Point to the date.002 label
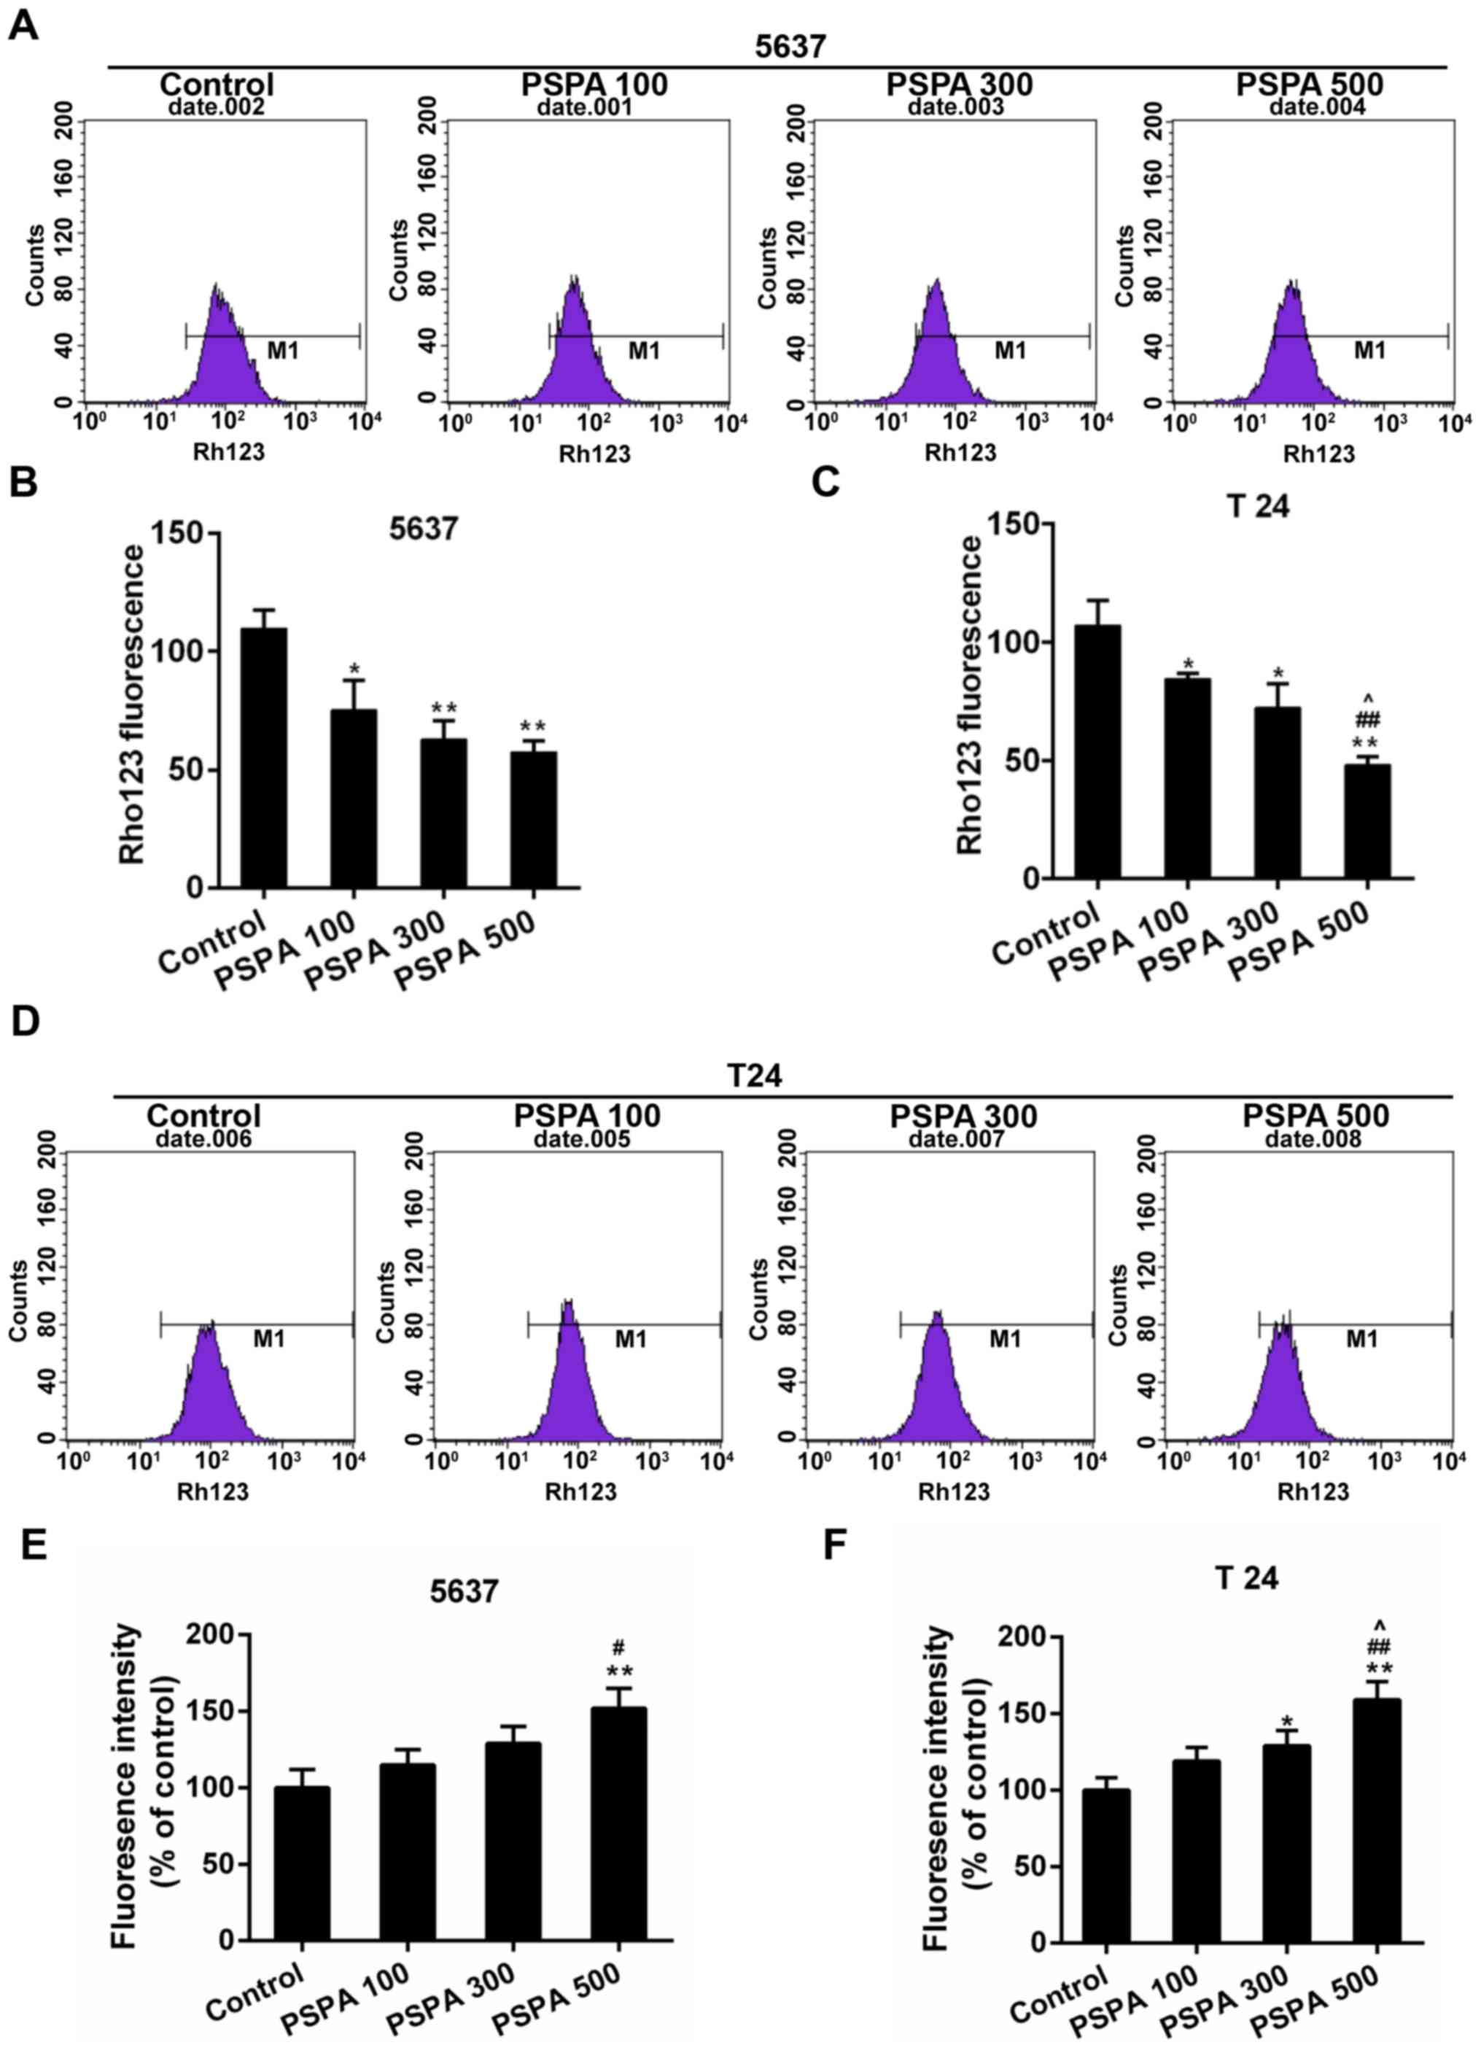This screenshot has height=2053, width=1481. point(217,106)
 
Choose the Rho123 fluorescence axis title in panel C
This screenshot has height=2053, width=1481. point(970,694)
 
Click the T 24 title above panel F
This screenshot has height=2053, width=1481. point(1246,1577)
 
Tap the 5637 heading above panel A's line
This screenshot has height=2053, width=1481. point(790,45)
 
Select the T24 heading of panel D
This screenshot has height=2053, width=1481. point(755,1076)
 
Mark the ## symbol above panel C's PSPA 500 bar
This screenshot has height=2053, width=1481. point(1368,720)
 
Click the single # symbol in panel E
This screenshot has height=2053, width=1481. point(619,1648)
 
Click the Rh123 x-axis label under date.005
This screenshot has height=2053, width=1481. point(580,1491)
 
